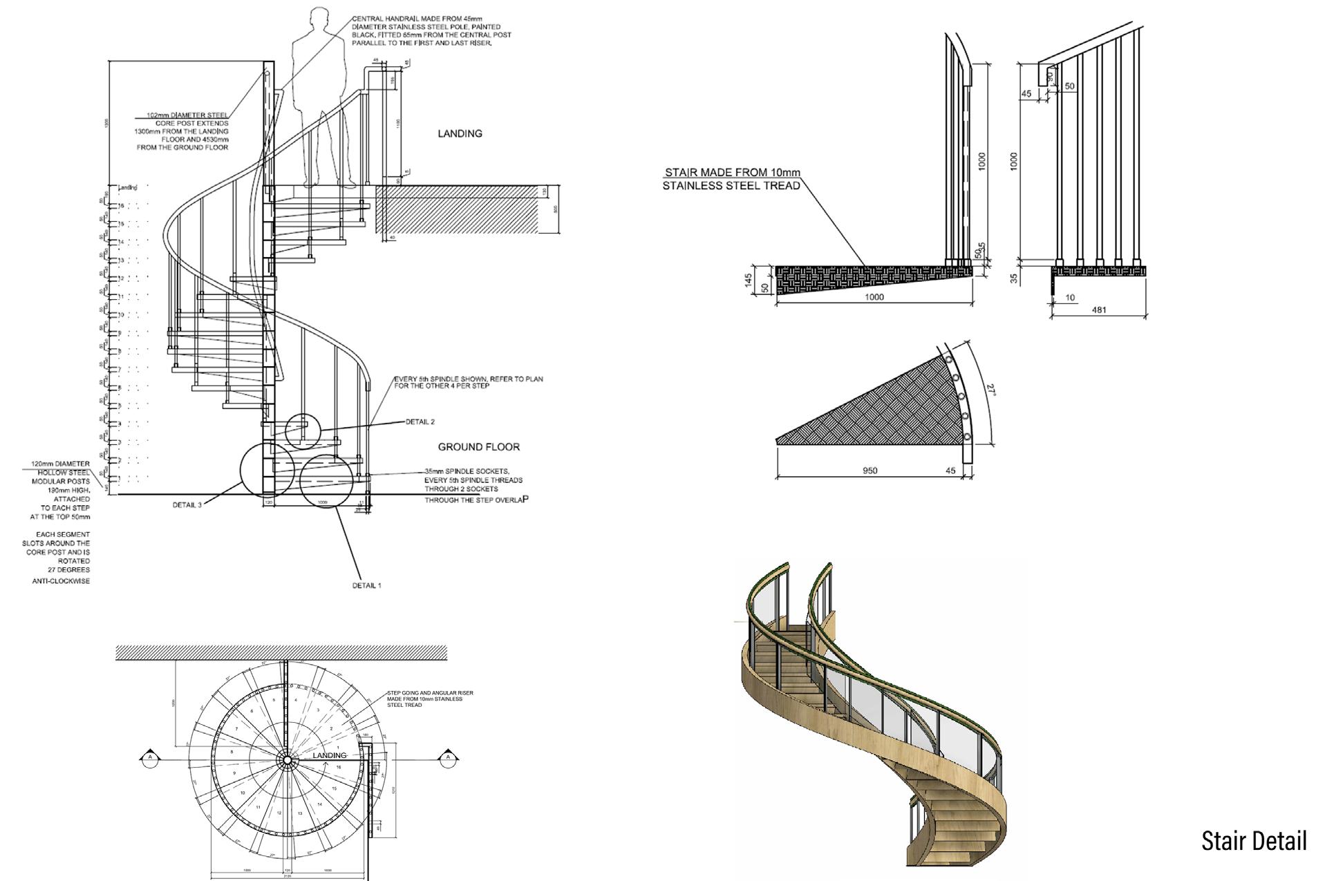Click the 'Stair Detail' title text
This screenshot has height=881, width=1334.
[1253, 841]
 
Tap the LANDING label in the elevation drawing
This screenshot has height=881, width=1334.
[460, 133]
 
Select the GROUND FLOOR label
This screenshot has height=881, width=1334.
[478, 447]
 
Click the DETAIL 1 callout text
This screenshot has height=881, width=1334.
[366, 585]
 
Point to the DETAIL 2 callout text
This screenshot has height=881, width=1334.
[420, 421]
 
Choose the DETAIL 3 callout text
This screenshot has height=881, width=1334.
[187, 505]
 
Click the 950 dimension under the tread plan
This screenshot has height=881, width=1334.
[870, 471]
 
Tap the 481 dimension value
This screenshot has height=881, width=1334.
[1098, 310]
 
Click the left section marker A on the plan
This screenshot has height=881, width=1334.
[149, 757]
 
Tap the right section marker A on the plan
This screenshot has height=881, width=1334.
[448, 757]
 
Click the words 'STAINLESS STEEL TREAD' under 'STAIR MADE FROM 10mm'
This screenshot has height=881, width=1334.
[731, 185]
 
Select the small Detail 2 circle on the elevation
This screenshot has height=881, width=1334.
[303, 432]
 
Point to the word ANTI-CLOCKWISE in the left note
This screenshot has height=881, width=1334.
[61, 581]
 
